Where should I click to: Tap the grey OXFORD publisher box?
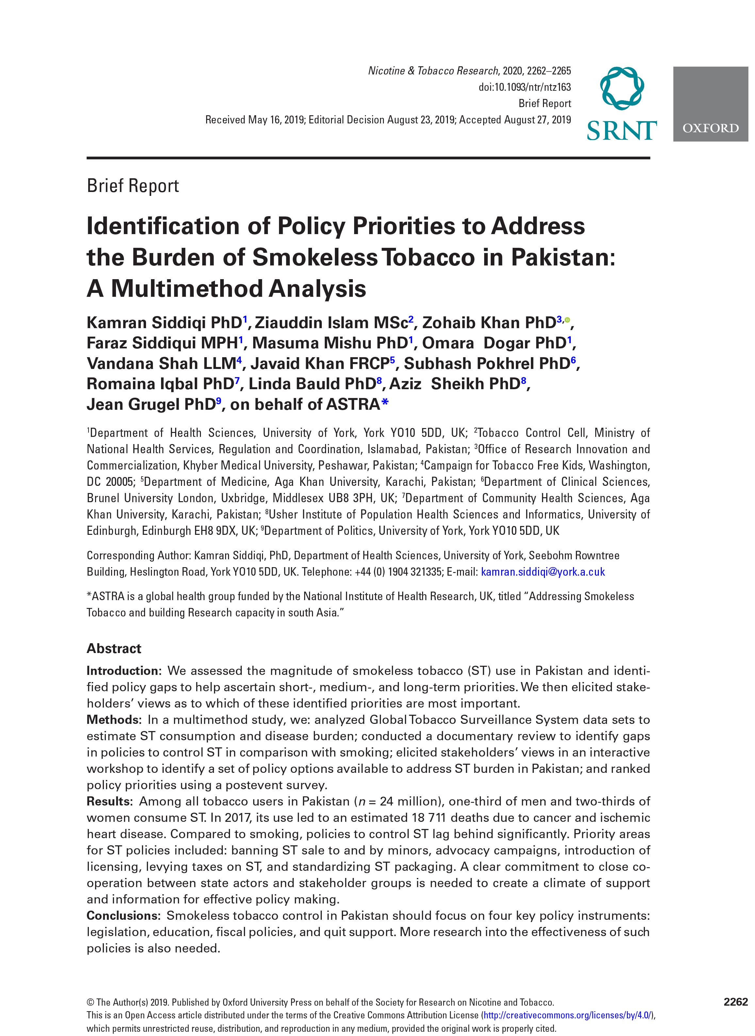point(710,104)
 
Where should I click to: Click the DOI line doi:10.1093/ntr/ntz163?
point(525,87)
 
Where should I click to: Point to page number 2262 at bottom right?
point(735,1002)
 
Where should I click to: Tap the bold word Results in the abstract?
point(110,801)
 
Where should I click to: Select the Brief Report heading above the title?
point(133,186)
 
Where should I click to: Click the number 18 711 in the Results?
point(425,818)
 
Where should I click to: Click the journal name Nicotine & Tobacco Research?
point(433,71)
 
